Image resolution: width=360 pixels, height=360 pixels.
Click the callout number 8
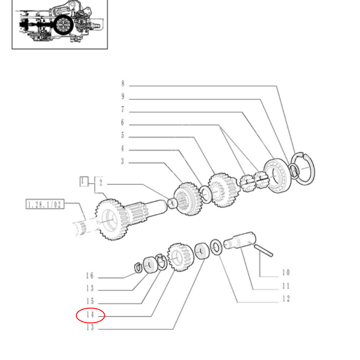click(x=122, y=84)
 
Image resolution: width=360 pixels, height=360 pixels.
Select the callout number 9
click(x=122, y=97)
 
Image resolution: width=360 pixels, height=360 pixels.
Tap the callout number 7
click(x=122, y=110)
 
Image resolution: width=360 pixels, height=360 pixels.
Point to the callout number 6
click(x=122, y=123)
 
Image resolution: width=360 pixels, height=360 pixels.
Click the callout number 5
click(x=122, y=135)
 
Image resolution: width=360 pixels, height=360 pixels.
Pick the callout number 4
click(x=122, y=149)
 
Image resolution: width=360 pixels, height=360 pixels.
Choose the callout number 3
click(x=122, y=162)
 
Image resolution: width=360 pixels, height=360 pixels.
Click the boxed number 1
click(x=82, y=182)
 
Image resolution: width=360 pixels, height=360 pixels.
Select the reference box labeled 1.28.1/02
click(x=45, y=205)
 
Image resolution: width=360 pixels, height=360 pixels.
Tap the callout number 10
click(x=286, y=273)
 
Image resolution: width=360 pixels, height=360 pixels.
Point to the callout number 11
click(x=286, y=286)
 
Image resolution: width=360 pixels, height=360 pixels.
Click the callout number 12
click(x=286, y=299)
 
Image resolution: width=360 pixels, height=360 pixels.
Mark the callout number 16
click(x=90, y=276)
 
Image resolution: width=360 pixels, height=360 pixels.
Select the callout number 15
click(x=90, y=302)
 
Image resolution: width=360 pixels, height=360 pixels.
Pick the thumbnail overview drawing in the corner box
click(x=60, y=23)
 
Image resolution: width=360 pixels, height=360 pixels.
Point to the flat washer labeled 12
click(x=216, y=247)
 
